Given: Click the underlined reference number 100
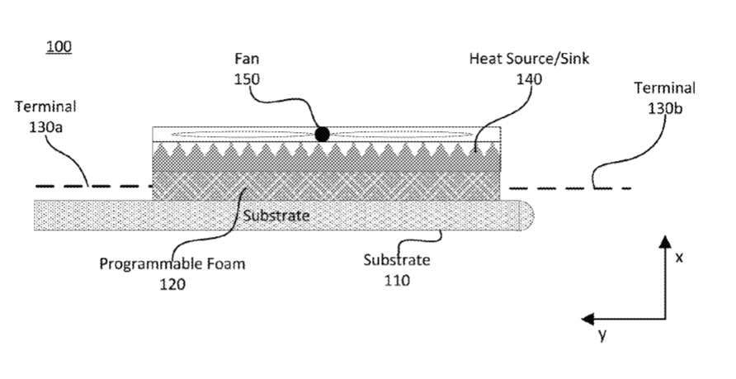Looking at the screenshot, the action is [x=59, y=46].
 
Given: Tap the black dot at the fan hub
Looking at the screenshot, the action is [x=322, y=135].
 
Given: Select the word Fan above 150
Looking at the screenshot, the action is [x=247, y=59].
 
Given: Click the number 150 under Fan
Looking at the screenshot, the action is [x=247, y=79].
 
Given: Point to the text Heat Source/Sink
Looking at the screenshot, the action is [x=529, y=59].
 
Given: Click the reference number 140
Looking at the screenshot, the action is [x=529, y=79].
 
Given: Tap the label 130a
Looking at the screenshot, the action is [x=45, y=127].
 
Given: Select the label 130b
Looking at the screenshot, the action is [x=665, y=108].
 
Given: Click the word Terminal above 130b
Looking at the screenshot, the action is [x=665, y=88].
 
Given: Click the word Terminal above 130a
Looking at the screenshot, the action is [x=45, y=107].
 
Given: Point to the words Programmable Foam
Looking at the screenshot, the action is [x=172, y=263].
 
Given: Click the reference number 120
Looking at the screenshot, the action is [x=172, y=284].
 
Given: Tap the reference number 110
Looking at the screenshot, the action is [x=397, y=281].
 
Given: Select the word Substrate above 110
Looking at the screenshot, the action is [x=397, y=260].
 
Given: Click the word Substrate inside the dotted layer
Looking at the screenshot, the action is [x=276, y=216].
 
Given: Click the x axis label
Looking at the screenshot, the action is [x=679, y=258].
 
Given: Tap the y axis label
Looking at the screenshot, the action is [x=602, y=334].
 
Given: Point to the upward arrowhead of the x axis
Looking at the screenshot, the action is [x=665, y=241].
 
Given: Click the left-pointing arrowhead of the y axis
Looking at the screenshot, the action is [x=588, y=320].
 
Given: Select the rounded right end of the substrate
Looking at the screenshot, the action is [x=526, y=216].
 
